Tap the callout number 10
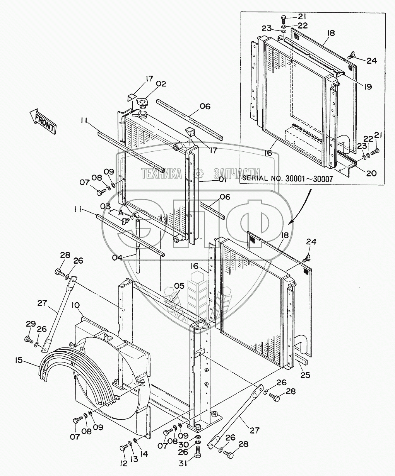(x=76, y=305)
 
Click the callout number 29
(x=30, y=324)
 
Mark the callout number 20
(x=371, y=174)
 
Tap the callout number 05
(x=179, y=286)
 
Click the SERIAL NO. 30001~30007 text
(x=287, y=178)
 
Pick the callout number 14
(x=144, y=454)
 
